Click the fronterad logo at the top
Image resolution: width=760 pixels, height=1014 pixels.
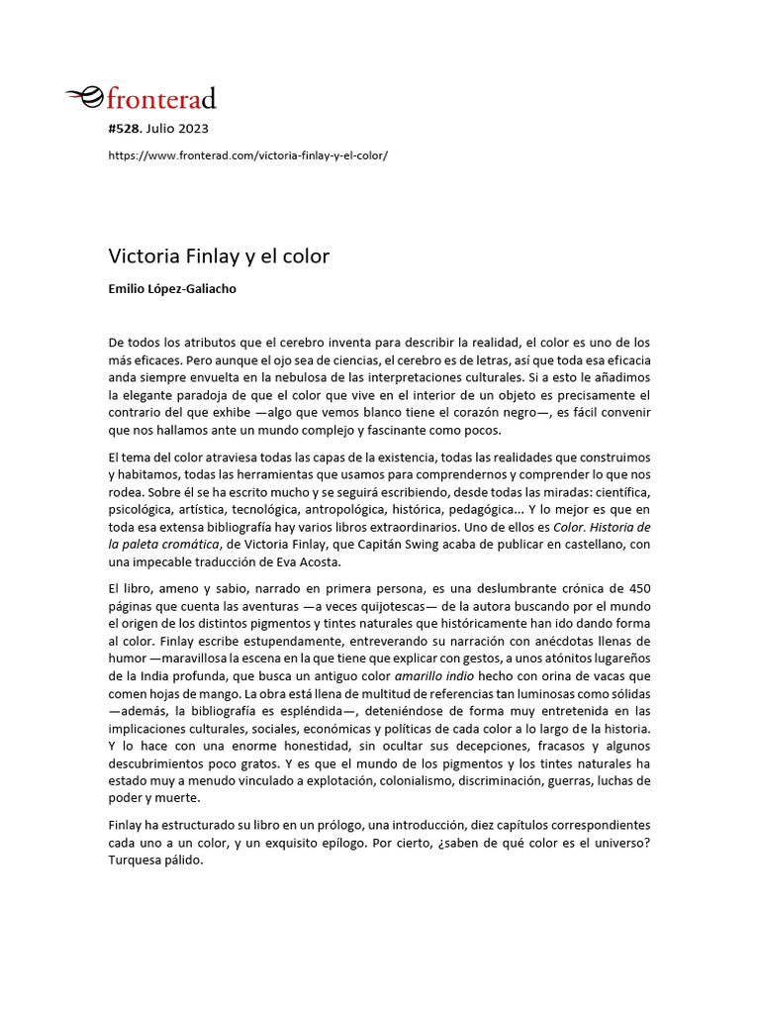click(x=141, y=97)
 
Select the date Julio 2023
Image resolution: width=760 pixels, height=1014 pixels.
click(x=179, y=129)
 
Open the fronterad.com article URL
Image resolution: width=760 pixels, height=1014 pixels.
click(x=247, y=156)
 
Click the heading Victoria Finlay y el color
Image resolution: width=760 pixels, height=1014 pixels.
click(x=219, y=256)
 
